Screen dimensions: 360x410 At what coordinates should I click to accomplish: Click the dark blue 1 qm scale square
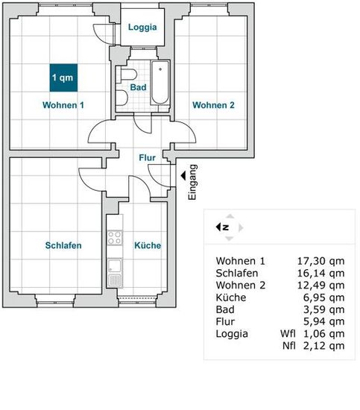tap(63, 78)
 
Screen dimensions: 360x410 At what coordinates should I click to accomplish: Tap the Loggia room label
tap(142, 27)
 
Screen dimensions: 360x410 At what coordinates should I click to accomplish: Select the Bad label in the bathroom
tap(138, 87)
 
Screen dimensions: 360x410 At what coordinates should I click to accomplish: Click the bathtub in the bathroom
tap(160, 83)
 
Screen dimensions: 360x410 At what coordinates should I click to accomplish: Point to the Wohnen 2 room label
tap(213, 105)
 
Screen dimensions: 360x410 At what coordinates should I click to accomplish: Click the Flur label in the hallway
tap(147, 158)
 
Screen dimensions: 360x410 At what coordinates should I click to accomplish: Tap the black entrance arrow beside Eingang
tap(183, 175)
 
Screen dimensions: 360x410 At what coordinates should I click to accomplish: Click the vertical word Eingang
tap(192, 182)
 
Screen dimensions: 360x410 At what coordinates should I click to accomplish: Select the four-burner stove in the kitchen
tap(115, 238)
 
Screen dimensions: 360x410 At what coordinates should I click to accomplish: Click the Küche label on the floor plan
tap(148, 245)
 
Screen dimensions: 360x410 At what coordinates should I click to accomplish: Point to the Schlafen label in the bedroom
tap(63, 245)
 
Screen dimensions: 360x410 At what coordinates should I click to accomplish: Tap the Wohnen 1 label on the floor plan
tap(63, 105)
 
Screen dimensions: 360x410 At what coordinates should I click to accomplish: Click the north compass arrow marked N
tap(222, 227)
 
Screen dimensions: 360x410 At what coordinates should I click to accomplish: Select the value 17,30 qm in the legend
tap(320, 261)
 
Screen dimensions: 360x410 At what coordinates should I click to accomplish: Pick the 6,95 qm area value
tap(323, 297)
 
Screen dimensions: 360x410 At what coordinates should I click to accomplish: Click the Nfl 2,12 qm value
tap(314, 346)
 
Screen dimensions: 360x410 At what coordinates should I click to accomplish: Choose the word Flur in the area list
tap(225, 321)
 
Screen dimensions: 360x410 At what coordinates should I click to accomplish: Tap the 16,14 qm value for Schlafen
tap(320, 273)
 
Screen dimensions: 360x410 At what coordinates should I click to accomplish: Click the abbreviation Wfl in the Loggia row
tap(288, 334)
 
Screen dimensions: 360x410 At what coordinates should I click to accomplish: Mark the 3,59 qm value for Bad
tap(323, 309)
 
